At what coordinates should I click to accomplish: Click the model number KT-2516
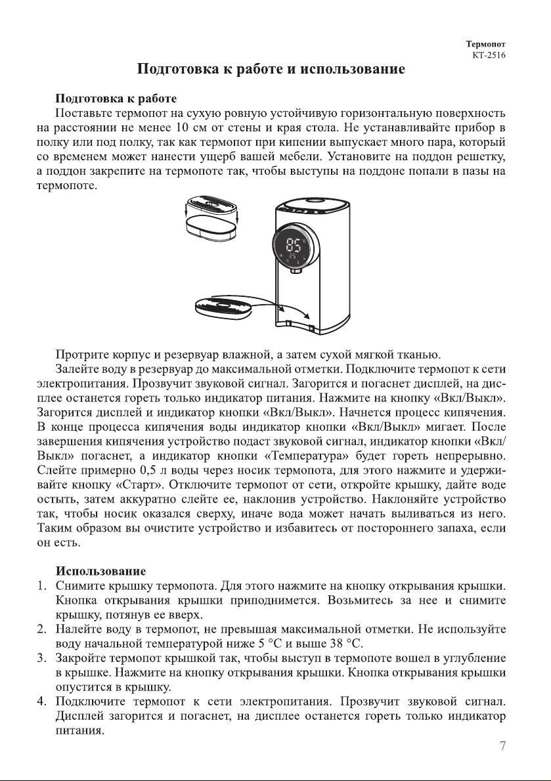point(489,55)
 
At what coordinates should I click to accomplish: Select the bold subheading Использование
point(100,571)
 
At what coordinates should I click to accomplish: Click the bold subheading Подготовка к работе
point(116,99)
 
